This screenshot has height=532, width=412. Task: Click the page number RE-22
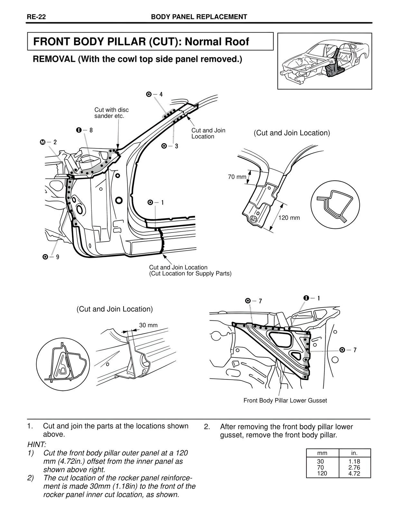(36, 17)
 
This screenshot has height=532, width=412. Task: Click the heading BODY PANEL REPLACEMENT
(199, 17)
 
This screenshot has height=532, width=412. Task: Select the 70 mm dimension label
(237, 177)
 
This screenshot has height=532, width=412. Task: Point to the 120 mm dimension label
(289, 218)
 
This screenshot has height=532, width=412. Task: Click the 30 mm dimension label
(148, 325)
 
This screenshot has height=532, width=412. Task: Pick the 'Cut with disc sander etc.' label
(111, 113)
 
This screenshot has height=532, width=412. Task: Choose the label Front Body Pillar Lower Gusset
(285, 401)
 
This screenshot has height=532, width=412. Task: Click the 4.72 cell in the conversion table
(354, 473)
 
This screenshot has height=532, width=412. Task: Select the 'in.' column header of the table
(354, 453)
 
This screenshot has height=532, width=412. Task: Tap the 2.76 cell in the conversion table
(354, 468)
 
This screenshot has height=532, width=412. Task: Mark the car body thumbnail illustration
(324, 61)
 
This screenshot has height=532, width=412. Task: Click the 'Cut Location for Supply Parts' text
(190, 274)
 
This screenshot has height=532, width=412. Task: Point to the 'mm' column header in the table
(322, 453)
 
